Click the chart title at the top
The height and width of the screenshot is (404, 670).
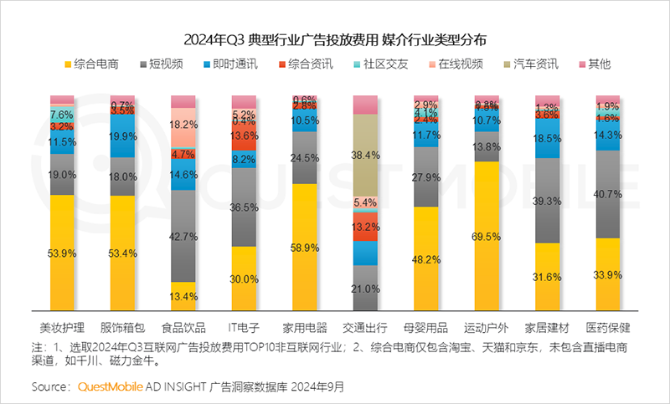pyautogui.click(x=335, y=39)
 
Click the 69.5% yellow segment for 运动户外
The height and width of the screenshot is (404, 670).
pyautogui.click(x=487, y=237)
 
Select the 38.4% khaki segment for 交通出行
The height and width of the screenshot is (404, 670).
pyautogui.click(x=365, y=155)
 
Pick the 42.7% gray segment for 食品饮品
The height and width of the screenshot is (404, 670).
pyautogui.click(x=183, y=236)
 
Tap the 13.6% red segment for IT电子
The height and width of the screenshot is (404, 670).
pyautogui.click(x=244, y=136)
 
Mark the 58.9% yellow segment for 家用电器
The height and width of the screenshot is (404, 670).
pyautogui.click(x=305, y=248)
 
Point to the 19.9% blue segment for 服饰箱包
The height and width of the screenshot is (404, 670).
pyautogui.click(x=122, y=136)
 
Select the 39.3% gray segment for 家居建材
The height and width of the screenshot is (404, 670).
pyautogui.click(x=547, y=201)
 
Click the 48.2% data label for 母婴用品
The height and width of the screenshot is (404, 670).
pyautogui.click(x=426, y=259)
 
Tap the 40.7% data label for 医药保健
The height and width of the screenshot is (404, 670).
pyautogui.click(x=608, y=194)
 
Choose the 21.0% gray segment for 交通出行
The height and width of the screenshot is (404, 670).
pyautogui.click(x=365, y=289)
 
